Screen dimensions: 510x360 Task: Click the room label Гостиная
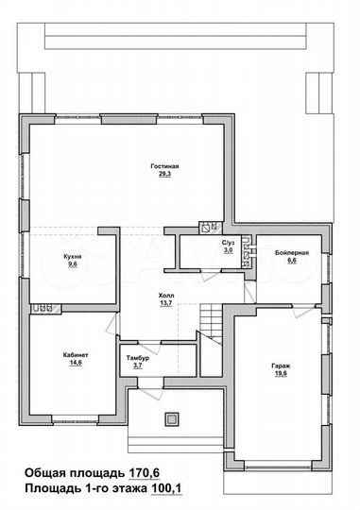tap(163, 167)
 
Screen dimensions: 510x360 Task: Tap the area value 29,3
tap(163, 175)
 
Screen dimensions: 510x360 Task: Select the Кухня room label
tap(73, 257)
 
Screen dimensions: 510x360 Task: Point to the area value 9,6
tap(73, 265)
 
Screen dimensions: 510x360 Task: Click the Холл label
tap(166, 295)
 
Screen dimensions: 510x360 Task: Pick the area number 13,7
tap(166, 303)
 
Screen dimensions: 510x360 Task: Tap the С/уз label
tap(227, 243)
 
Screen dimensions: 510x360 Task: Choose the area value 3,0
tap(227, 251)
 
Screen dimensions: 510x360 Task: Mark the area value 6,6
tap(290, 263)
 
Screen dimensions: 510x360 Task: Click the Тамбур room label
tap(138, 357)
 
